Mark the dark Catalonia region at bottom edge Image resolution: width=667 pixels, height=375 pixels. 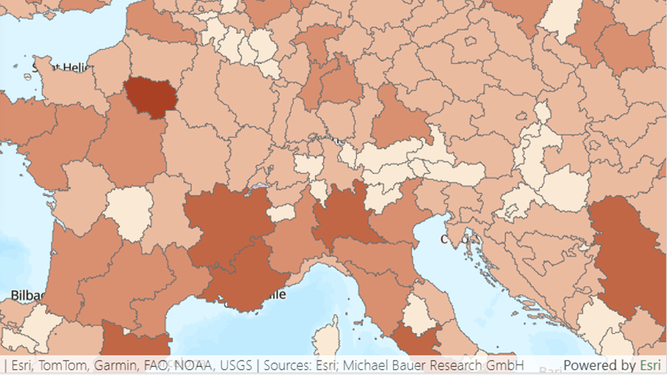click(133, 340)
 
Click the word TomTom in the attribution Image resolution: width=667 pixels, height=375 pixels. click(57, 365)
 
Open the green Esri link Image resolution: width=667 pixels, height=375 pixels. click(648, 365)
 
